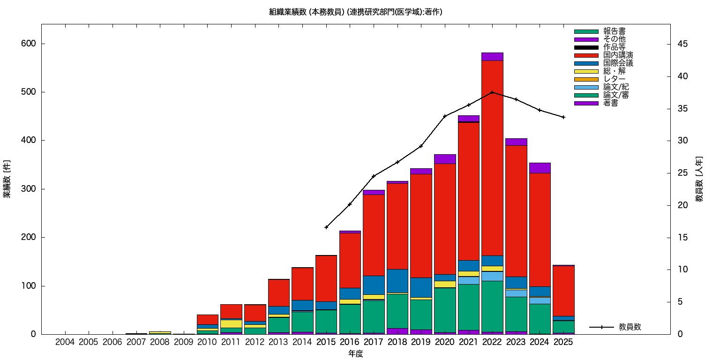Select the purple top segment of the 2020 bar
445,159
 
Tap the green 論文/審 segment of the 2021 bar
468,307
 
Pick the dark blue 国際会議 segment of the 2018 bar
397,281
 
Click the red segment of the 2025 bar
563,291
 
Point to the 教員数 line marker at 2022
492,92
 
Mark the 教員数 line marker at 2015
326,227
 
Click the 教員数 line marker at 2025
563,117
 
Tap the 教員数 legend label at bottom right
630,327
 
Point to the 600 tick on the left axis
29,44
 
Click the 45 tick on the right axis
682,44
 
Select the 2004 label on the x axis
65,343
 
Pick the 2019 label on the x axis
421,343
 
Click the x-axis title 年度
356,354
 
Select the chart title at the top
356,12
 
